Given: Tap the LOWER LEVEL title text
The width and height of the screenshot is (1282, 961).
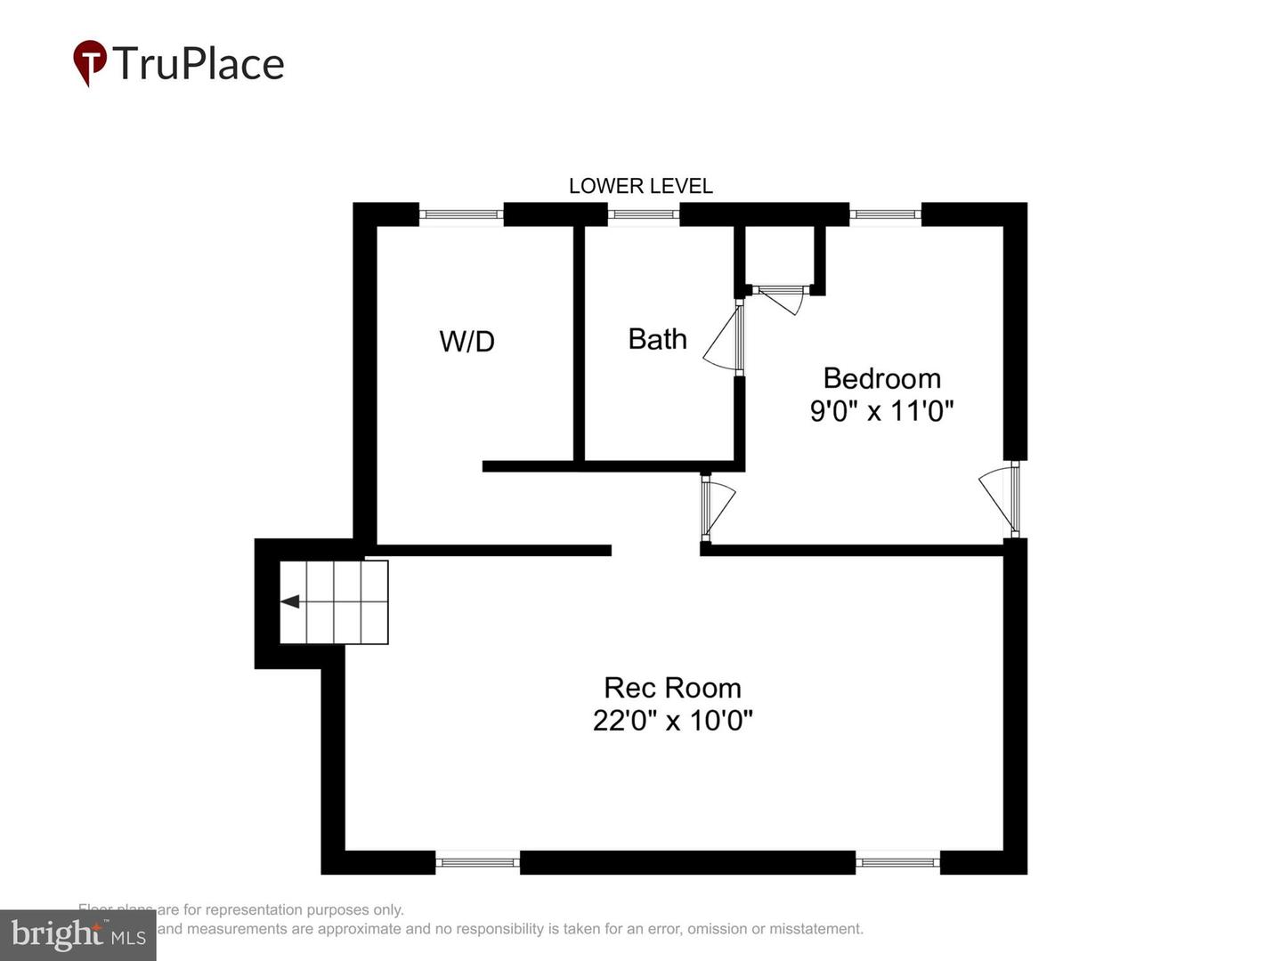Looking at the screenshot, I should (640, 186).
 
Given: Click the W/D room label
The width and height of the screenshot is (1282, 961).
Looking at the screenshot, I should (467, 342).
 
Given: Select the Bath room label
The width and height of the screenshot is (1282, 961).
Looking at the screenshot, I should (657, 339).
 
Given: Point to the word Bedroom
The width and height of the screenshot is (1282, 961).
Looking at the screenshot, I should (881, 378).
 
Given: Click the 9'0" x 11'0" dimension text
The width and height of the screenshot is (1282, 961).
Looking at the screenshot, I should (881, 411).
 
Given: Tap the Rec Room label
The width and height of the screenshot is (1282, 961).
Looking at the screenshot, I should (672, 688).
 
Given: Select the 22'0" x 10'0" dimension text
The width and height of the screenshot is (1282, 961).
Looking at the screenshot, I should (672, 720).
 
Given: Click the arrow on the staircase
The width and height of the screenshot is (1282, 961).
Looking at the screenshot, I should (291, 602).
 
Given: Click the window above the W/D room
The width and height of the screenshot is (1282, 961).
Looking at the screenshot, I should (461, 214).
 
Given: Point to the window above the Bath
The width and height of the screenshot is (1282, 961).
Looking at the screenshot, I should (644, 214).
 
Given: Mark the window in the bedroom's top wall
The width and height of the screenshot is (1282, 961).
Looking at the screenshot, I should (885, 214).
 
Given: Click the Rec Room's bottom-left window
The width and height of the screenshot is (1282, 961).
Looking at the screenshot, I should (477, 861).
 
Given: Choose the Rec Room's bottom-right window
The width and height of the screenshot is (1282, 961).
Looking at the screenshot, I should (897, 861).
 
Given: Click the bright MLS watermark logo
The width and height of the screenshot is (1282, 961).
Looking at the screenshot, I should (78, 935).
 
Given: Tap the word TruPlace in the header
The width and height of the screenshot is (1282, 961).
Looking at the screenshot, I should (199, 64).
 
